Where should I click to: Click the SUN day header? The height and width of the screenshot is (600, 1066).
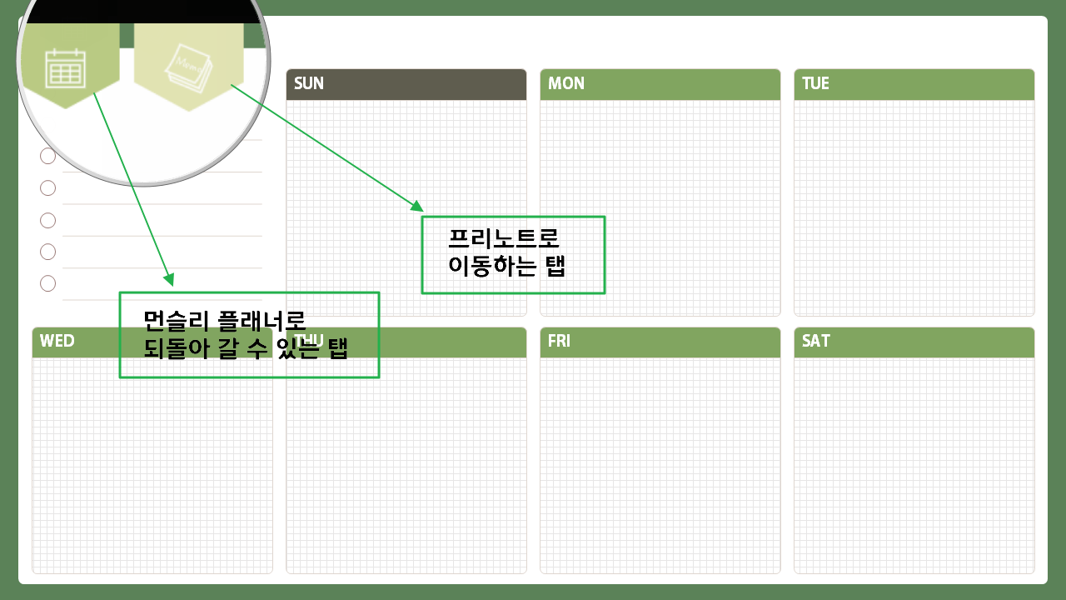[406, 84]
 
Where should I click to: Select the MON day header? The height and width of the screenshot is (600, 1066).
[660, 84]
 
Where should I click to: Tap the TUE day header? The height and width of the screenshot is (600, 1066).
[914, 84]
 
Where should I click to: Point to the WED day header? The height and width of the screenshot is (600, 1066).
[152, 342]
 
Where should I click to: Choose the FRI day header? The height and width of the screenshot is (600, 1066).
[660, 342]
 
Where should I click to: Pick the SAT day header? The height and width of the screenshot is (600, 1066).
[914, 342]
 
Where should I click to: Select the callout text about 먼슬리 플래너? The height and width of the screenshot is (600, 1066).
[246, 334]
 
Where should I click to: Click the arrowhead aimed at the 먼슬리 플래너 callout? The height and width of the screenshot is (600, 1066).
[169, 280]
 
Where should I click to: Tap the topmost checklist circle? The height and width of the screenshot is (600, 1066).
[47, 156]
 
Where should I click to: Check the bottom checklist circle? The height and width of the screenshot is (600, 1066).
[47, 283]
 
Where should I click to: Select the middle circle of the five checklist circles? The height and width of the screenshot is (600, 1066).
[47, 220]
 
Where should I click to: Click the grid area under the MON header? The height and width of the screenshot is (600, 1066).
[660, 208]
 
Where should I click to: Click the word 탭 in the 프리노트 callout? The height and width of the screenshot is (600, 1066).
[554, 267]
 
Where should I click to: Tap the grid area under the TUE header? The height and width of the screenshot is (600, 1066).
[914, 208]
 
